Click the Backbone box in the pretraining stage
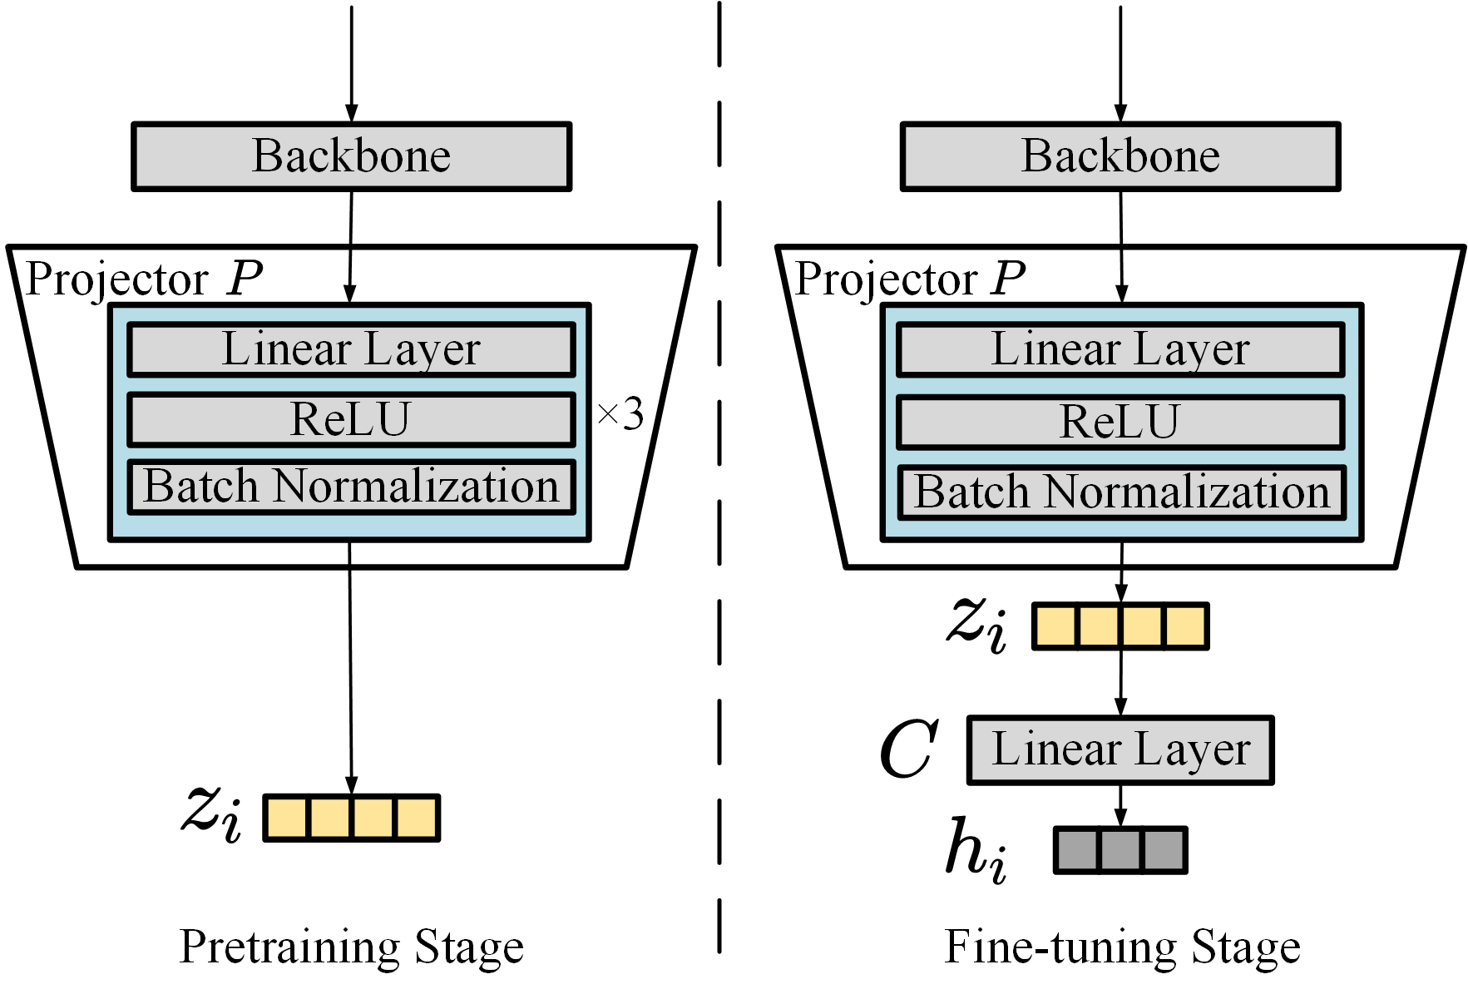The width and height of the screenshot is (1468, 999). click(351, 156)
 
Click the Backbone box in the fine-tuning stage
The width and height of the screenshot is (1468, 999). click(1120, 156)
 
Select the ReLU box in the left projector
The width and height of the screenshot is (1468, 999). click(351, 419)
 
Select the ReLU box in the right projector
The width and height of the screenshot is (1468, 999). click(1120, 422)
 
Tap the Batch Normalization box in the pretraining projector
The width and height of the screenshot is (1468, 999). click(351, 487)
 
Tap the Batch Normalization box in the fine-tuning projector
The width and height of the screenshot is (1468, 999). click(1121, 492)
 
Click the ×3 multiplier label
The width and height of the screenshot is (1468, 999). click(620, 413)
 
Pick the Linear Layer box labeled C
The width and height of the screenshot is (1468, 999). click(1120, 749)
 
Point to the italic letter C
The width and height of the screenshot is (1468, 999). click(908, 749)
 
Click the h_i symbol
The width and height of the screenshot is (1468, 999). click(976, 848)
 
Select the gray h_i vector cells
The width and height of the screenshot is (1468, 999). click(1120, 849)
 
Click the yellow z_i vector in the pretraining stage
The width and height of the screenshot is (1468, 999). click(351, 818)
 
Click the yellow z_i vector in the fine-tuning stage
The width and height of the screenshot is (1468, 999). click(1120, 626)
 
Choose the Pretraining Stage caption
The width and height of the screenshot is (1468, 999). click(351, 947)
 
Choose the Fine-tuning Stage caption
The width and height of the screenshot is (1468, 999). click(1122, 947)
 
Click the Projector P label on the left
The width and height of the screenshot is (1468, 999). click(143, 279)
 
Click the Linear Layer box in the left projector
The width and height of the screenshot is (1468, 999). click(351, 349)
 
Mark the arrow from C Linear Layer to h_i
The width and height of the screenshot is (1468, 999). click(1120, 804)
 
